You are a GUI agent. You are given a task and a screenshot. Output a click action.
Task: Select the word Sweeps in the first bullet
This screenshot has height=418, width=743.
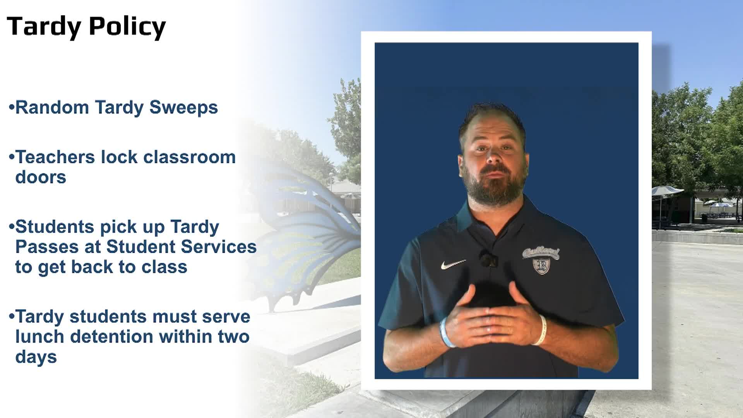(x=183, y=108)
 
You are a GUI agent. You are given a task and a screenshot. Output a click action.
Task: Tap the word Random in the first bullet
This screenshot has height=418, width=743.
(x=52, y=107)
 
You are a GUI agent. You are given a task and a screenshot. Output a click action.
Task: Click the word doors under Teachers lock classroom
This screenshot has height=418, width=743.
(x=41, y=177)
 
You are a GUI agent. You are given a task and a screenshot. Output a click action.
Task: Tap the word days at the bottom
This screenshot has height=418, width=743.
(x=36, y=357)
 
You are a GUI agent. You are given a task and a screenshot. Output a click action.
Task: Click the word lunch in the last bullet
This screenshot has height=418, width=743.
(x=40, y=336)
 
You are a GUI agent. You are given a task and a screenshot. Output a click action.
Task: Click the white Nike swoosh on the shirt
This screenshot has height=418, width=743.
(x=453, y=264)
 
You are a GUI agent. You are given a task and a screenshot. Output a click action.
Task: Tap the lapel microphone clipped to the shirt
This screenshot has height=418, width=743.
(x=488, y=259)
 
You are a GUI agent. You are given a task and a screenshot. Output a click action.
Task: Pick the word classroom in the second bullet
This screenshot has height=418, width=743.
(x=190, y=157)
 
